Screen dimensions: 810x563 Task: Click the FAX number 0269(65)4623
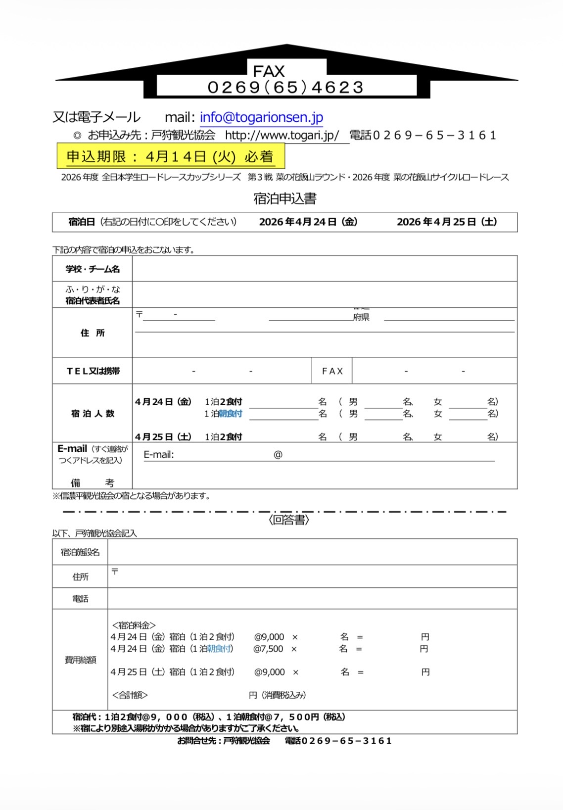[286, 88]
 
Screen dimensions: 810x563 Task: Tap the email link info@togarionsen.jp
[261, 117]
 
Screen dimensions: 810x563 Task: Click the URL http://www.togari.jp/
[282, 136]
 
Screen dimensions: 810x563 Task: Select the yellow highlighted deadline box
[171, 156]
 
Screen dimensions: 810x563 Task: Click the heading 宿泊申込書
[285, 199]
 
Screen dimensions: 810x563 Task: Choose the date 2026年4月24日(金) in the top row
[308, 222]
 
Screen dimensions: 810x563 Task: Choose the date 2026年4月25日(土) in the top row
[447, 222]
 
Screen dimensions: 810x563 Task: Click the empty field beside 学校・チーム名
[324, 269]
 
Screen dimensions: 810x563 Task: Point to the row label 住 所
[93, 333]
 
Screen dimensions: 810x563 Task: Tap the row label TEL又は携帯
[93, 371]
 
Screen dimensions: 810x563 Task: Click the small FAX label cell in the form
[332, 371]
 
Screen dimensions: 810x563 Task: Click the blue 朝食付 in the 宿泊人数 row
[231, 414]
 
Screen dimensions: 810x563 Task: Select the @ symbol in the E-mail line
[278, 455]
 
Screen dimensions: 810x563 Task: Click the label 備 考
[92, 482]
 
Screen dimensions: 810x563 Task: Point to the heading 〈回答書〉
[289, 520]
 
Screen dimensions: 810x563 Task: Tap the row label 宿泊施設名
[80, 552]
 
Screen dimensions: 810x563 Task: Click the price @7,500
[268, 649]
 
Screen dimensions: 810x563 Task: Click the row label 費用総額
[80, 660]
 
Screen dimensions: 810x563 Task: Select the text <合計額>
[130, 695]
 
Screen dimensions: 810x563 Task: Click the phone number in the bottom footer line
[338, 741]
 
